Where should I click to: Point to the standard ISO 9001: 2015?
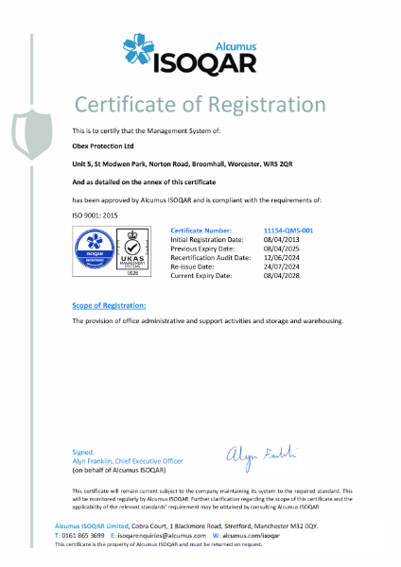pos(97,215)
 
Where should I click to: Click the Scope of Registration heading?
pos(110,305)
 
